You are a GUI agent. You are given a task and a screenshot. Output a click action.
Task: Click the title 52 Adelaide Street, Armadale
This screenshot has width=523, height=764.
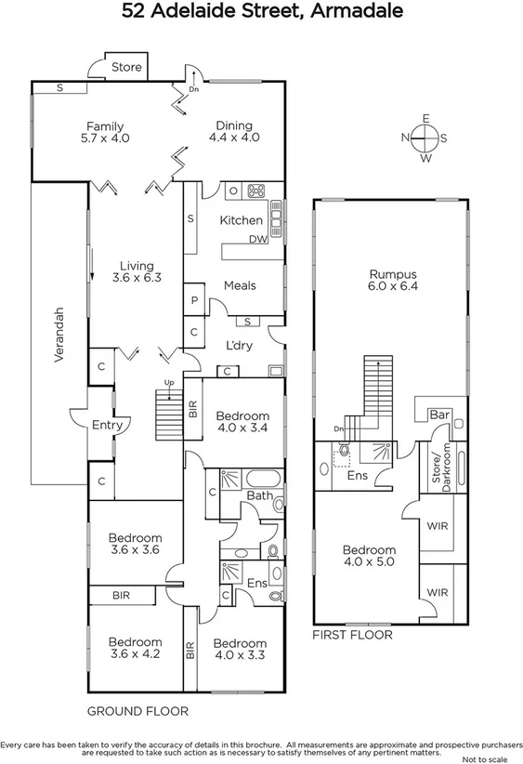262,12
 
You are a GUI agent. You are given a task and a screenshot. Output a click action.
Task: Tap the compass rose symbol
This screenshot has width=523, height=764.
425,138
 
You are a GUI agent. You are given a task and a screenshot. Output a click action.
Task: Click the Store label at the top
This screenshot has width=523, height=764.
126,67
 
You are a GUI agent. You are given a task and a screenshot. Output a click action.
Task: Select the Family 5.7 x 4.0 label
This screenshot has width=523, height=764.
105,132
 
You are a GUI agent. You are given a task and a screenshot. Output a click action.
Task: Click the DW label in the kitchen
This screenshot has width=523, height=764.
258,240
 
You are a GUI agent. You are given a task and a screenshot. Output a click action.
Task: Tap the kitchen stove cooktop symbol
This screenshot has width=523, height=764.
255,191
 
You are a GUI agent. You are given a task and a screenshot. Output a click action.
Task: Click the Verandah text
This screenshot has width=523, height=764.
58,335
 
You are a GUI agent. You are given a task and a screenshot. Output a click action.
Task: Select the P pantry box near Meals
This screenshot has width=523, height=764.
194,301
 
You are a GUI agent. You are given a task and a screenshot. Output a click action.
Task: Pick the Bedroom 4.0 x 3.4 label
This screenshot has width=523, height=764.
242,422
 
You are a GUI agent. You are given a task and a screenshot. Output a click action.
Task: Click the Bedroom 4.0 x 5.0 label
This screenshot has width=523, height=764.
369,556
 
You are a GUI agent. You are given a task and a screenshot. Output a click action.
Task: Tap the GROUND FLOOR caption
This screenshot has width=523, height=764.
137,711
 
